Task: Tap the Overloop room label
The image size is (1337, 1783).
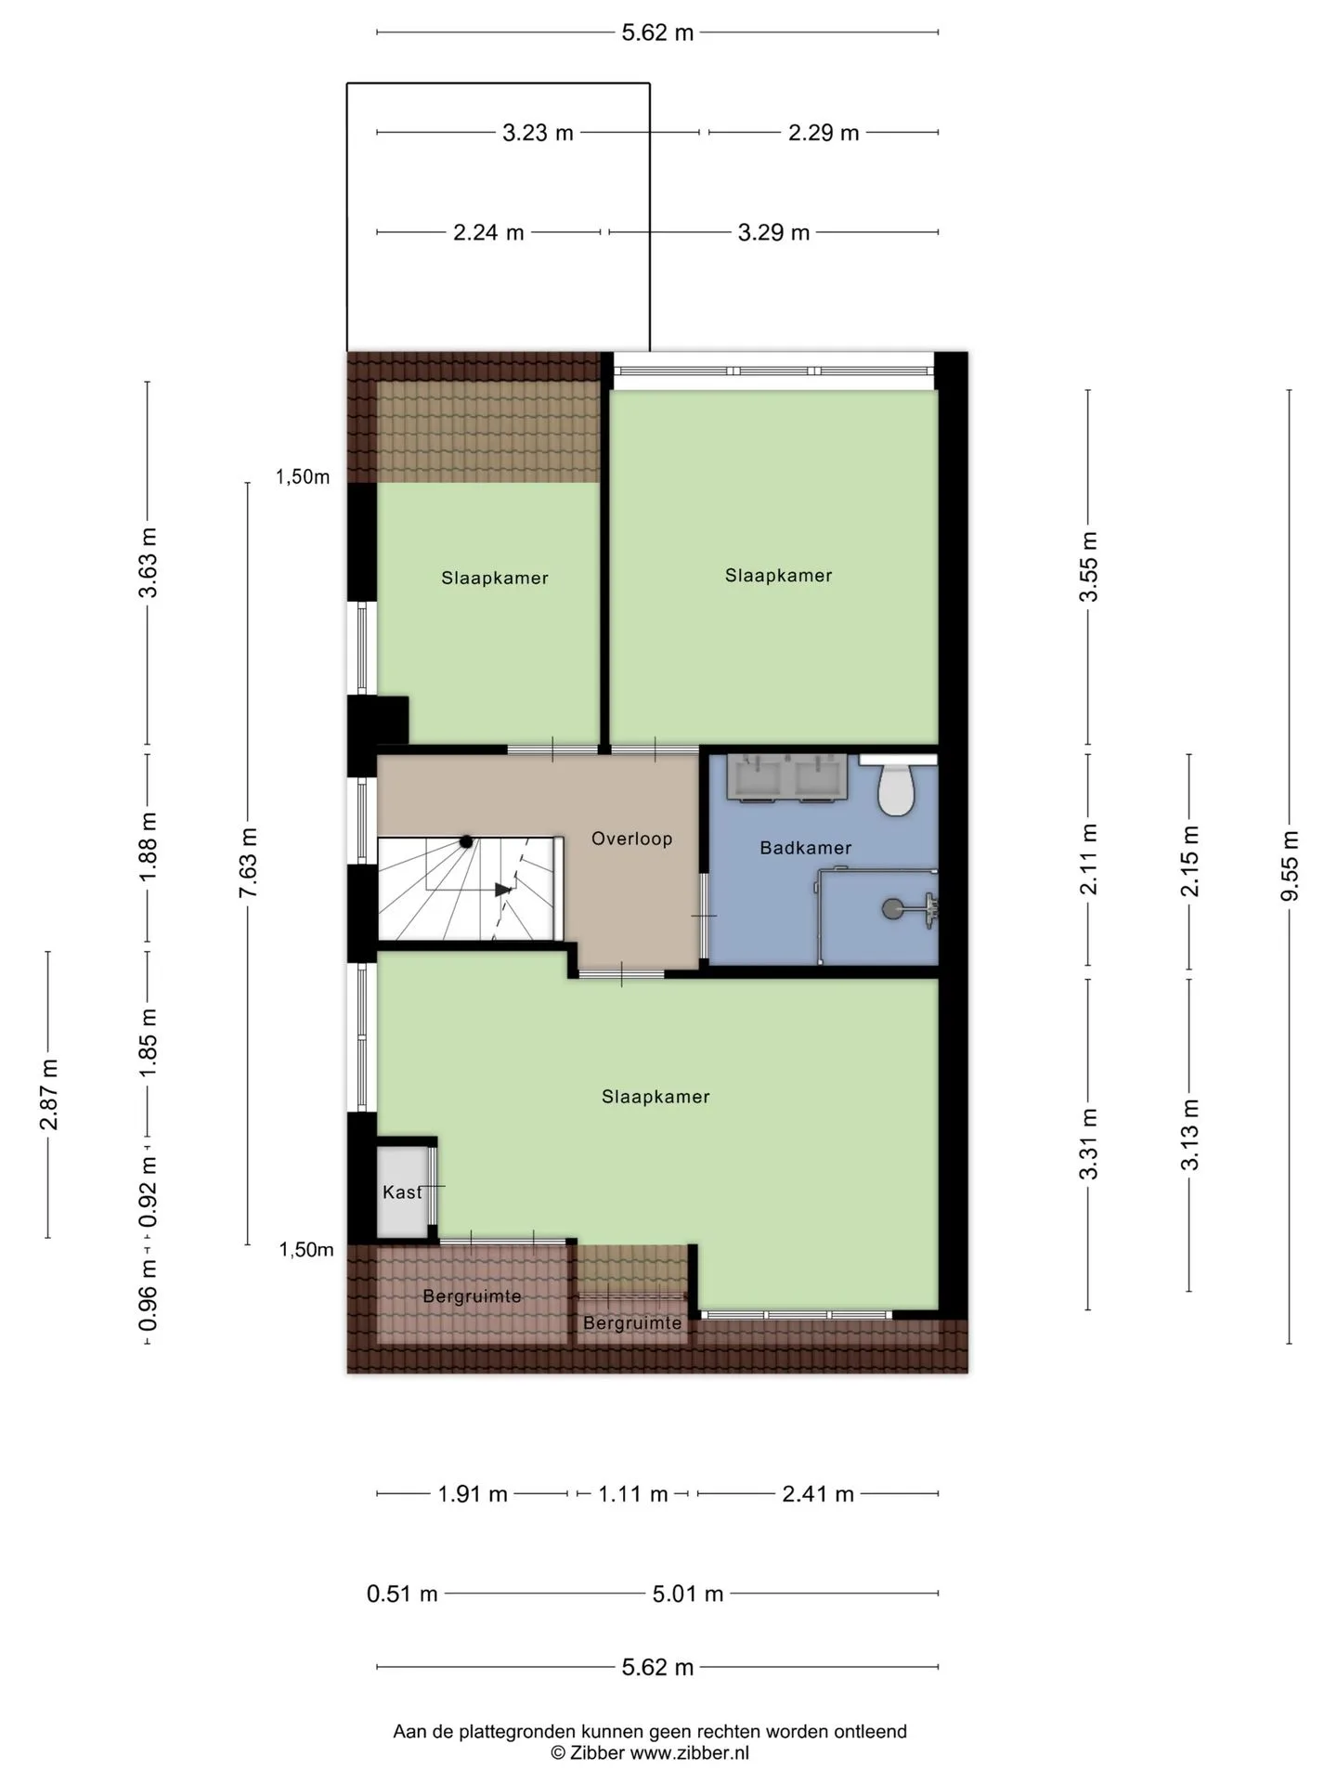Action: [631, 839]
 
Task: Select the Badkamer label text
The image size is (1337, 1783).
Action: [805, 847]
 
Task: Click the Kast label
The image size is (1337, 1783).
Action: [403, 1191]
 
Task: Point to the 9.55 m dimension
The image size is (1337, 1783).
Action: [1289, 865]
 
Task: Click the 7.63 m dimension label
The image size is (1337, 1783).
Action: [248, 863]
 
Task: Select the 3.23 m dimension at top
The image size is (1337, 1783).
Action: [538, 133]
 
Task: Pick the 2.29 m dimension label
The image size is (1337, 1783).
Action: [824, 133]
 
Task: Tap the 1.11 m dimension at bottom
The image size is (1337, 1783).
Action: [632, 1494]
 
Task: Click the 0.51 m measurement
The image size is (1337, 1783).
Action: [402, 1594]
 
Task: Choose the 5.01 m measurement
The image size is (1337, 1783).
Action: [687, 1594]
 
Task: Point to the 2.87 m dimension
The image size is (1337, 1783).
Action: [48, 1094]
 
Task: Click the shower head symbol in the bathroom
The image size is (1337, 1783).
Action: [892, 909]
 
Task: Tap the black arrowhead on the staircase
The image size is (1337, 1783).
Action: [503, 890]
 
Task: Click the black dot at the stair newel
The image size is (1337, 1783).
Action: [466, 841]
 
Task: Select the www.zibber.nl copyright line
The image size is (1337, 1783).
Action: [650, 1752]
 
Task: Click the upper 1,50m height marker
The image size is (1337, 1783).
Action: [303, 477]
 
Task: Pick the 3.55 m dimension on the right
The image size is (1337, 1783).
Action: [1088, 566]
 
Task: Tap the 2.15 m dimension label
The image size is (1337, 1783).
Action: [1189, 861]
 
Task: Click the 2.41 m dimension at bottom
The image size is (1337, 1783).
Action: [817, 1494]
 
